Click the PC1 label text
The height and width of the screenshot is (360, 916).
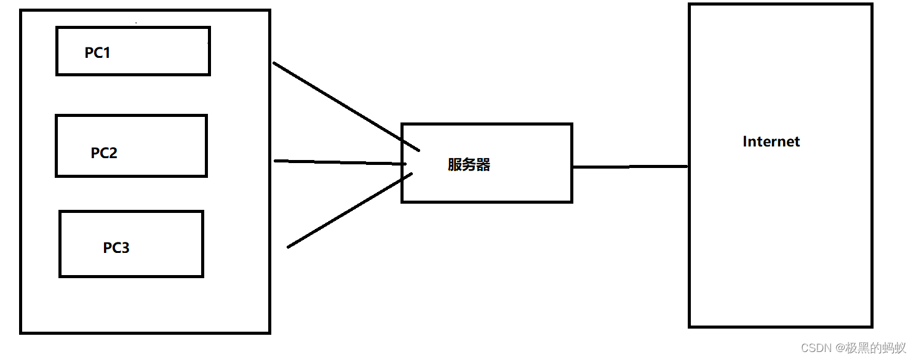(97, 53)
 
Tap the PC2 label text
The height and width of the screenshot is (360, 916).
(104, 153)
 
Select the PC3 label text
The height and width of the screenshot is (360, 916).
(116, 248)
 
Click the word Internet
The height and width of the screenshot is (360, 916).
(771, 142)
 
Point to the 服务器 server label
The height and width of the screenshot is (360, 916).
(469, 165)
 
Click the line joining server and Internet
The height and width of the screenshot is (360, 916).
(630, 167)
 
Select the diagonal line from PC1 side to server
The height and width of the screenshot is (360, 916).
(346, 106)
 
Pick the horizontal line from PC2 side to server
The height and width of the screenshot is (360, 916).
(340, 162)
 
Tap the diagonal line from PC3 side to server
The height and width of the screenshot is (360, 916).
(349, 210)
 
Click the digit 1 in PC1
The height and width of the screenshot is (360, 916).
(106, 53)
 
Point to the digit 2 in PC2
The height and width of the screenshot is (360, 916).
(113, 153)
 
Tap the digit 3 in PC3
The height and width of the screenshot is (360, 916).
(125, 248)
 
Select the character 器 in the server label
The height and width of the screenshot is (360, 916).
(483, 165)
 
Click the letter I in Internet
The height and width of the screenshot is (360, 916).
(745, 142)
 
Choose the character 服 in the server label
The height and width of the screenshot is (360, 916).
(455, 165)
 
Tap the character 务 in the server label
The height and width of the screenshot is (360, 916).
(469, 165)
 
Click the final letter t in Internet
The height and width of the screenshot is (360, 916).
(797, 142)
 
